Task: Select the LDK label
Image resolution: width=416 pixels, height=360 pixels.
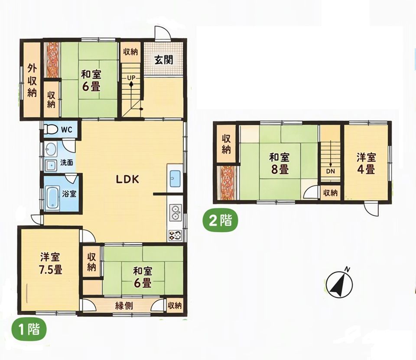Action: [x=127, y=180]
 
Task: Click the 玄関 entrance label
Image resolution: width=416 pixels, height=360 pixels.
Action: [x=164, y=60]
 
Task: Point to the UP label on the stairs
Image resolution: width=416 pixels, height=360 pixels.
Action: [x=131, y=78]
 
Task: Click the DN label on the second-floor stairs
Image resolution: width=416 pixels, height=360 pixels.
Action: [x=331, y=171]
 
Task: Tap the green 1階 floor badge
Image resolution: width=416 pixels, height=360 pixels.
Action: [x=29, y=330]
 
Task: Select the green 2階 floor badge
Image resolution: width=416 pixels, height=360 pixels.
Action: [x=220, y=220]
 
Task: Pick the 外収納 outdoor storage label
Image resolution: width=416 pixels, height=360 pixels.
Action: [x=32, y=81]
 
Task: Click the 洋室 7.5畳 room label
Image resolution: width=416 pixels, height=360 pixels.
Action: [x=50, y=264]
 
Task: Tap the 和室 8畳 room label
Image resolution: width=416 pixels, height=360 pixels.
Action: [x=279, y=164]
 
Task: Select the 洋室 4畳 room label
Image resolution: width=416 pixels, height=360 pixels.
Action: [x=366, y=163]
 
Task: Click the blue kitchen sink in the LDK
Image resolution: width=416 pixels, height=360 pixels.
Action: [x=175, y=178]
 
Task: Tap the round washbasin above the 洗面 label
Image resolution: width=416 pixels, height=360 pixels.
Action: [x=50, y=149]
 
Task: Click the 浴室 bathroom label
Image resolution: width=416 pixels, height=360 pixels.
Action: [x=69, y=194]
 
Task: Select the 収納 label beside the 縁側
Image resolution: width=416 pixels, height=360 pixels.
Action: [x=175, y=305]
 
